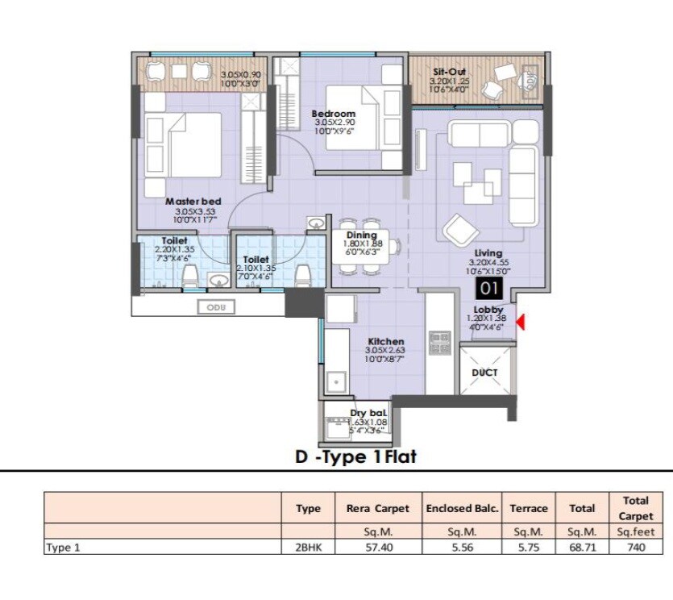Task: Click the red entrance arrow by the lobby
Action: pos(521,323)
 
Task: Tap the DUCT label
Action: pos(485,373)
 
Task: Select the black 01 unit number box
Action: pos(488,288)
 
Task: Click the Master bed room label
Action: pos(193,202)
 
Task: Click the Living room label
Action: pos(488,253)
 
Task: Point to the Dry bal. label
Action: pos(369,414)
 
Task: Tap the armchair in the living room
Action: pos(459,230)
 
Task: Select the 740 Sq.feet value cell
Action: pos(635,547)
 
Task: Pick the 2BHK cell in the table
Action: pos(308,547)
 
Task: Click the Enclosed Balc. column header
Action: pos(463,508)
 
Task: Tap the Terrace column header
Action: pos(529,508)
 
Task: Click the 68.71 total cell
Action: pos(582,547)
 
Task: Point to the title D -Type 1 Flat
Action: pos(355,457)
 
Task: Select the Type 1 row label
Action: pos(64,547)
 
